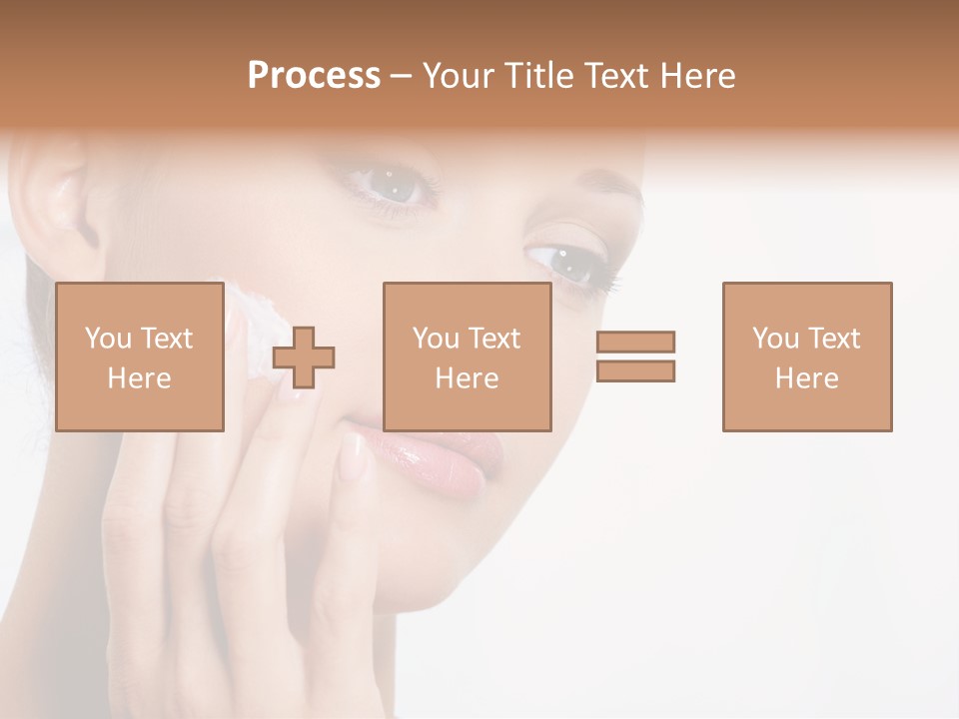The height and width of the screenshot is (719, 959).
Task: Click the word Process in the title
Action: [314, 76]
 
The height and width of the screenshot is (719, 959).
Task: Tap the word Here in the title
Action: [696, 76]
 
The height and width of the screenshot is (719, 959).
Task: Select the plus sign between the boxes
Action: [305, 357]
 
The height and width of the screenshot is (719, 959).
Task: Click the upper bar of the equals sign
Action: [635, 342]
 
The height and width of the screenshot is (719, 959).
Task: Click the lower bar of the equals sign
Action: [635, 370]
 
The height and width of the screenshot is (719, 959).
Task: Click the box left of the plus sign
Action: [140, 357]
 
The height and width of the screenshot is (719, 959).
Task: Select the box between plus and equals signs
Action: [468, 357]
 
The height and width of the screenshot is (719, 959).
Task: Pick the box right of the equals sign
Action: [807, 357]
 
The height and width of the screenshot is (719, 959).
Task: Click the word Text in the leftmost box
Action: [167, 339]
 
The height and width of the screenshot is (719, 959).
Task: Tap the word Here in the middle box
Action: [468, 378]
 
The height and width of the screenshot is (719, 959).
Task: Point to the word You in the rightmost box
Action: [775, 339]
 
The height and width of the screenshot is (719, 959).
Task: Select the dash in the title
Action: [402, 76]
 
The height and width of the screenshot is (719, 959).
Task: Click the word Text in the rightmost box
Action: [833, 339]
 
